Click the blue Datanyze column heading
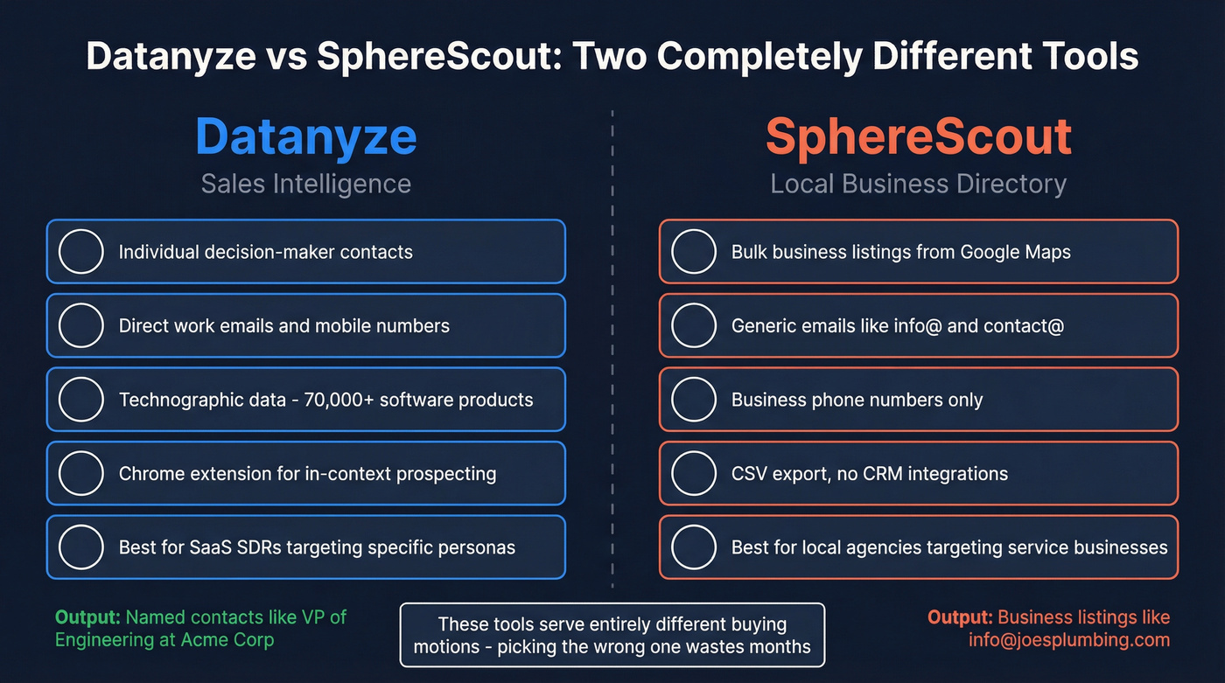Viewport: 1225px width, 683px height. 305,137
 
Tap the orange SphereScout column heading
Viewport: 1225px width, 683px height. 918,137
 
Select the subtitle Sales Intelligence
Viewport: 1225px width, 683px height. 305,184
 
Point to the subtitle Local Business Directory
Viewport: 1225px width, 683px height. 918,184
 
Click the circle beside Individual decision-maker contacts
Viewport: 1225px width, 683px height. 81,252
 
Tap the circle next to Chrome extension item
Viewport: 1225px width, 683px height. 81,474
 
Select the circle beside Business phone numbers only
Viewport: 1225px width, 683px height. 694,400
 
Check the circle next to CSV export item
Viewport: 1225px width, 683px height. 694,474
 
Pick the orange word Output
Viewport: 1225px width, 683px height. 959,617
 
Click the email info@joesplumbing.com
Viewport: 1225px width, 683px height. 1068,639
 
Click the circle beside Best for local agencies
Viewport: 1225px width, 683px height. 694,548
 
